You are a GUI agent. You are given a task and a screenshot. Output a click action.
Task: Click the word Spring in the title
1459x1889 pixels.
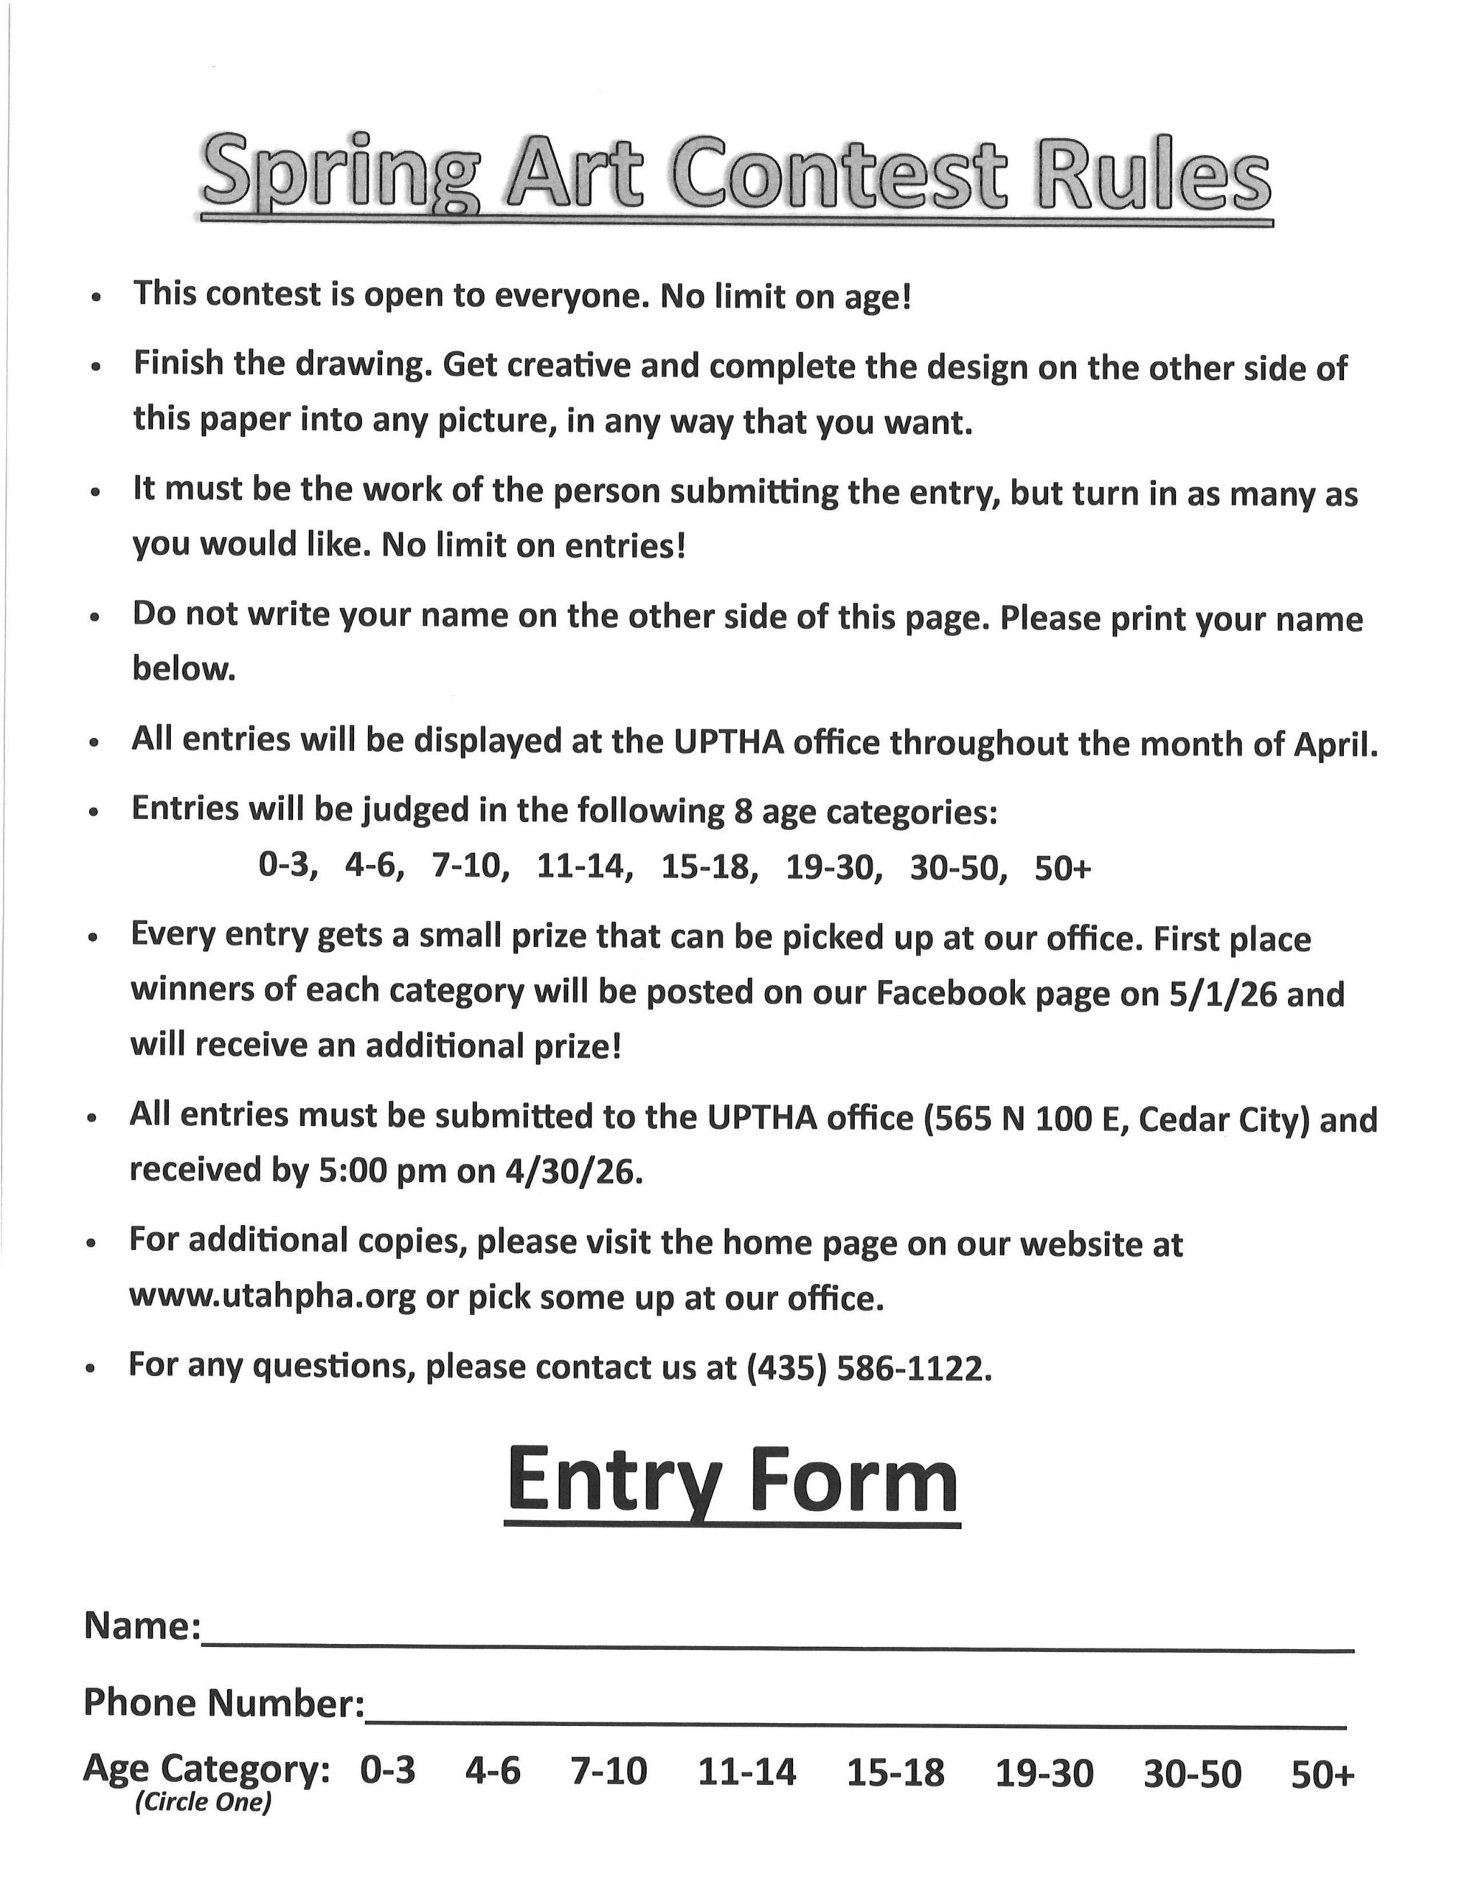(339, 173)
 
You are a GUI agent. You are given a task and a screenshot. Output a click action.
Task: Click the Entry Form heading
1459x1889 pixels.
(732, 1480)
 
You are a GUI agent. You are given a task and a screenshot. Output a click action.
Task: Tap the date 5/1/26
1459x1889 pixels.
(1222, 994)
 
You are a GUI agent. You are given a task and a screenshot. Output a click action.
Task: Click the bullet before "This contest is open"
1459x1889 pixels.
(96, 297)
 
